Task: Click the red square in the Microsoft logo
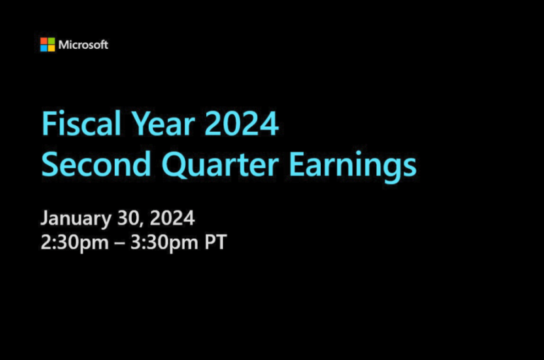click(44, 41)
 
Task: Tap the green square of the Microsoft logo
click(51, 41)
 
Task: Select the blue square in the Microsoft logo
click(44, 48)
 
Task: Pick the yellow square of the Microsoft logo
click(51, 48)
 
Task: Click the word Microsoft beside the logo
click(84, 45)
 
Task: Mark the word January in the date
click(73, 218)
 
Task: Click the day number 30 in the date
click(123, 218)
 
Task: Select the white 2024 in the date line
click(169, 218)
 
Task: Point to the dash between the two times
click(119, 244)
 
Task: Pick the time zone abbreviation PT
click(216, 242)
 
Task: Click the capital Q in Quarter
click(176, 164)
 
